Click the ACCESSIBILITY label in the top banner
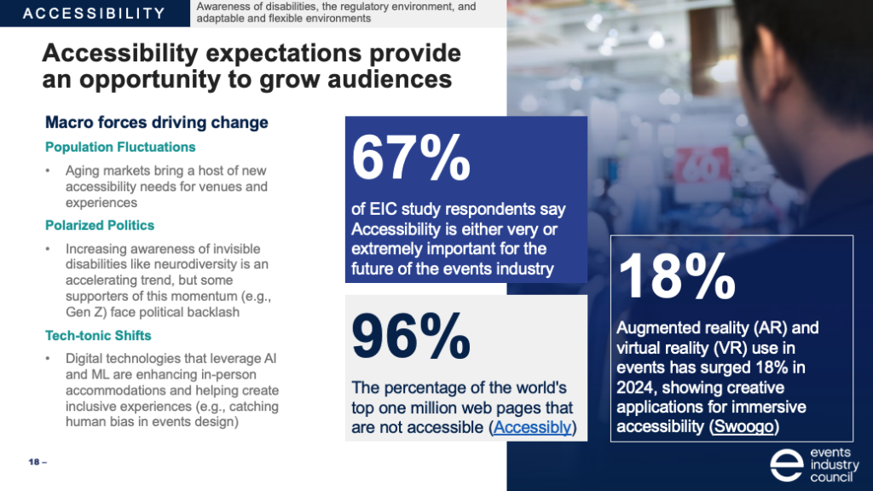tap(94, 14)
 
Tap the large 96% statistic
tap(410, 336)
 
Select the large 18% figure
tap(676, 277)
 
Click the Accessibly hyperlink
tap(533, 427)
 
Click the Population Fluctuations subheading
tap(120, 147)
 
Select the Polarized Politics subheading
tap(100, 225)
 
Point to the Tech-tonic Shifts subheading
tap(99, 335)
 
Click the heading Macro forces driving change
tap(156, 123)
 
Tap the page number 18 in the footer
tap(34, 462)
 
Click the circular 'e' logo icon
tap(786, 465)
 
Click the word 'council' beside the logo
tap(832, 477)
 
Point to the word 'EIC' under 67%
tap(385, 210)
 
